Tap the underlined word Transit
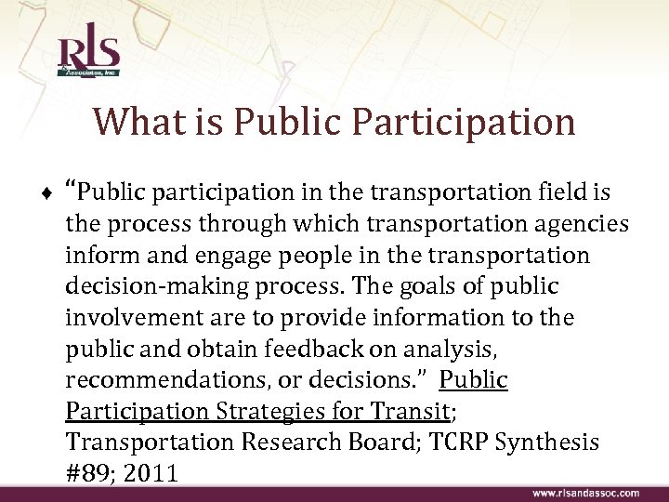tap(410, 412)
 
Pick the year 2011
tap(150, 474)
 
